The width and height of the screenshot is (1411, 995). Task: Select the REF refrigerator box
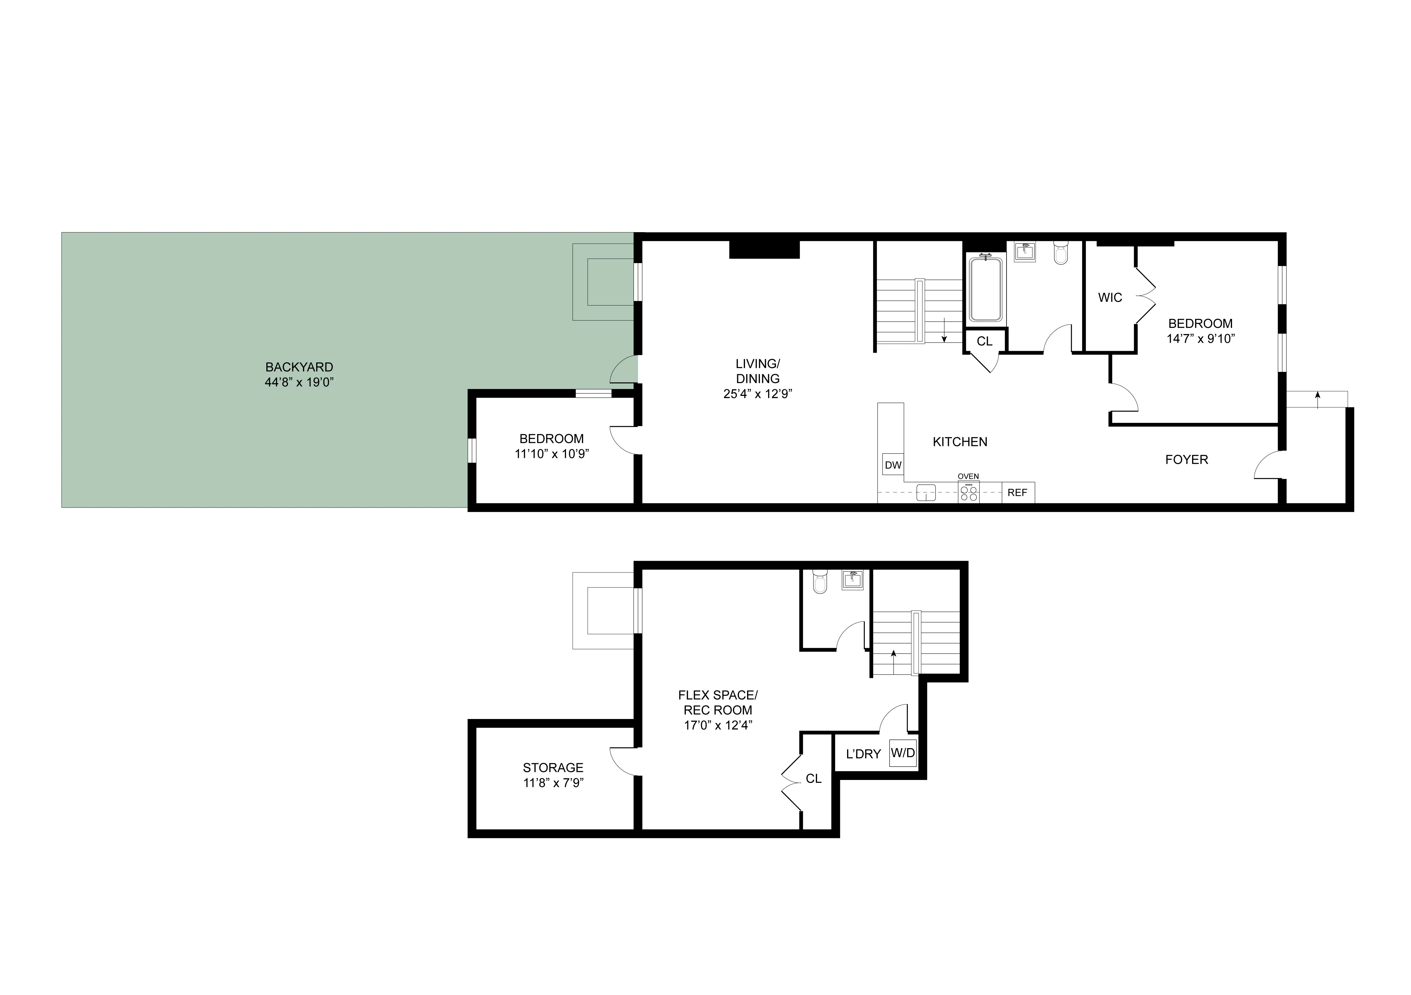(x=1017, y=492)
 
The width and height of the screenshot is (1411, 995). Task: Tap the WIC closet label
(x=1110, y=297)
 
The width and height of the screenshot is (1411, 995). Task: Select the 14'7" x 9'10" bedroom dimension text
(x=1200, y=339)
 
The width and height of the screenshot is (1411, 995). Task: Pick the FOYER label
(x=1186, y=460)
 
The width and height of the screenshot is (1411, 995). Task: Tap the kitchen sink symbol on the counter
(x=925, y=492)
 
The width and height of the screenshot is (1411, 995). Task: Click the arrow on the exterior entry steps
(x=1317, y=399)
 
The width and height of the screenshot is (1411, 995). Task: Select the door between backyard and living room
(x=624, y=371)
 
